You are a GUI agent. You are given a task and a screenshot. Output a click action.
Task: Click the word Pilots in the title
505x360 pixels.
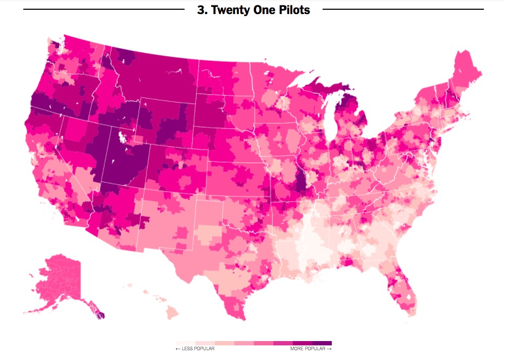click(x=291, y=10)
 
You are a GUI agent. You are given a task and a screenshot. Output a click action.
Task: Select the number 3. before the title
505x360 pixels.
click(x=202, y=10)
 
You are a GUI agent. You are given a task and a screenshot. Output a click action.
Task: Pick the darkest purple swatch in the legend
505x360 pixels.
click(x=322, y=343)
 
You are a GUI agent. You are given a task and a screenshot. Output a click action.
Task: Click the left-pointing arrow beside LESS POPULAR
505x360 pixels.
click(x=178, y=349)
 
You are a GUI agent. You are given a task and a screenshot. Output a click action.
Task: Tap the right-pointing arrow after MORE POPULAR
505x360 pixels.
click(x=329, y=349)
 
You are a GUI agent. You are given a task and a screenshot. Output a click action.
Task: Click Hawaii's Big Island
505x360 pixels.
click(x=172, y=312)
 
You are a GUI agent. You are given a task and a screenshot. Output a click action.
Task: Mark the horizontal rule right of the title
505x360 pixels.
click(x=403, y=9)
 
